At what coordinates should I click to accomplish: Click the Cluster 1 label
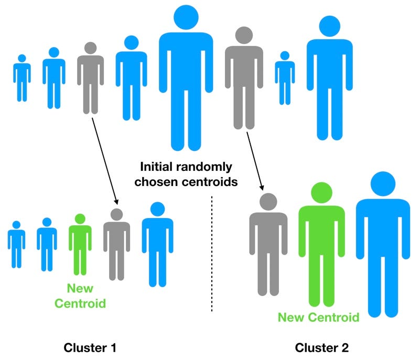pyautogui.click(x=90, y=347)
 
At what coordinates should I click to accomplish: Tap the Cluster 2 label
pyautogui.click(x=321, y=347)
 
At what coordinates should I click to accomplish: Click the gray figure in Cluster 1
pyautogui.click(x=116, y=246)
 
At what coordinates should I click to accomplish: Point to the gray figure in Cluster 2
pyautogui.click(x=268, y=246)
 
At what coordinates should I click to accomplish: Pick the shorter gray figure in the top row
pyautogui.click(x=90, y=79)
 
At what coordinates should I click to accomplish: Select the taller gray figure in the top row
pyautogui.click(x=244, y=79)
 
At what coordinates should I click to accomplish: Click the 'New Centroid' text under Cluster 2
pyautogui.click(x=318, y=317)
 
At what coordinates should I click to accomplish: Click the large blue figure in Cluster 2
pyautogui.click(x=383, y=246)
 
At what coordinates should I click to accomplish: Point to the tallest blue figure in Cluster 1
pyautogui.click(x=157, y=246)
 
